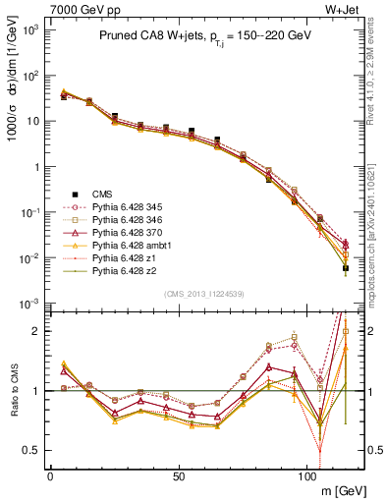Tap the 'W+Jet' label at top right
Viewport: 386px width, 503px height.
pyautogui.click(x=351, y=9)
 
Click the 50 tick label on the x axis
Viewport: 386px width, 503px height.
pyautogui.click(x=178, y=475)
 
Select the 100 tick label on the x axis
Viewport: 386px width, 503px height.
pyautogui.click(x=305, y=475)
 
